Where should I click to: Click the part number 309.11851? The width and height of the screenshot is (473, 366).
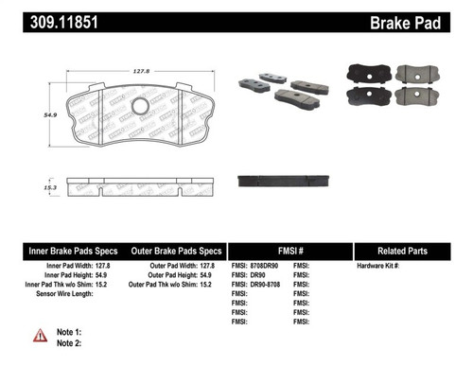click(58, 17)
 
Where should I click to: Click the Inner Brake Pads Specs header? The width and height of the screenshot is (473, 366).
click(72, 252)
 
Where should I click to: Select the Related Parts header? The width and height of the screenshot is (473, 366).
click(412, 252)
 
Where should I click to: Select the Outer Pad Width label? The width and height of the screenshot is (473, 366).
click(164, 267)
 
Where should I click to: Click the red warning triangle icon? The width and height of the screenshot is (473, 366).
click(40, 335)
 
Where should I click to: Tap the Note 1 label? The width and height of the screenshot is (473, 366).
click(70, 332)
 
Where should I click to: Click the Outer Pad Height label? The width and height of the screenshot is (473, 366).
click(163, 276)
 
